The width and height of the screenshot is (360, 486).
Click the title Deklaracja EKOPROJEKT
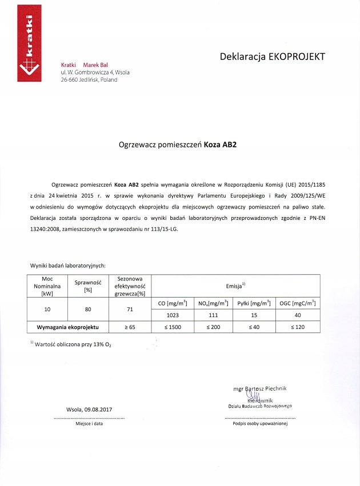tap(272, 57)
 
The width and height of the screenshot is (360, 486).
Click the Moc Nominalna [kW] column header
tap(47, 285)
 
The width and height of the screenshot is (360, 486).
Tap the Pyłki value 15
tap(253, 315)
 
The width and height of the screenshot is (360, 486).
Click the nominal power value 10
tap(47, 309)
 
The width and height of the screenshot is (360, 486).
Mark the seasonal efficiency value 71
tap(130, 309)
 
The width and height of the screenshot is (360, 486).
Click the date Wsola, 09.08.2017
tap(89, 409)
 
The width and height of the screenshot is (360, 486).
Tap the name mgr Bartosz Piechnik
tap(260, 388)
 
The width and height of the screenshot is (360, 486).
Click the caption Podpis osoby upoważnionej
tap(260, 424)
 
